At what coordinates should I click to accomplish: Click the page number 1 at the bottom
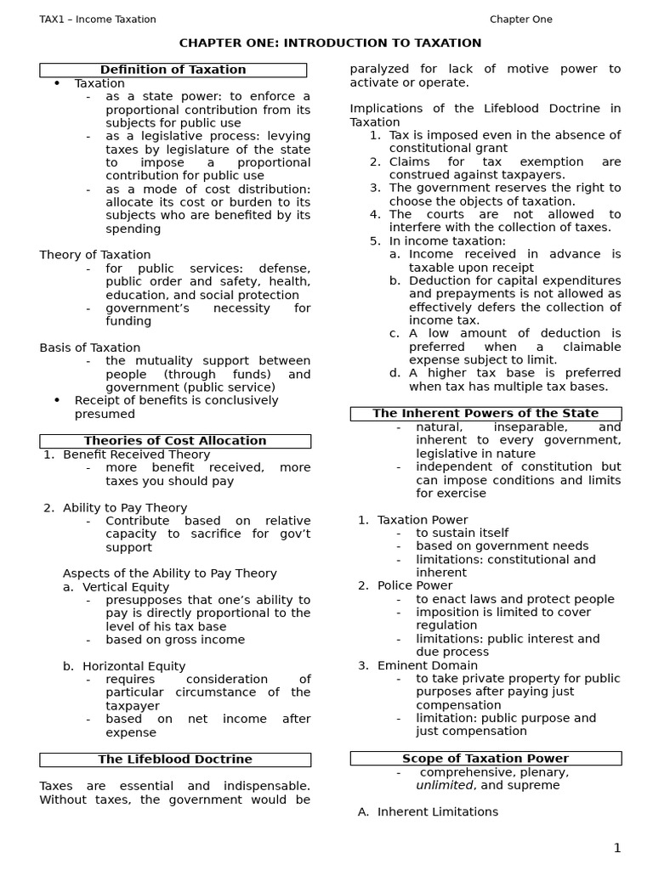click(617, 847)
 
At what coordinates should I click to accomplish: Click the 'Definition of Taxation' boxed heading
click(173, 70)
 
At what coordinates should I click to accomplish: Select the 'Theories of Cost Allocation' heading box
click(175, 441)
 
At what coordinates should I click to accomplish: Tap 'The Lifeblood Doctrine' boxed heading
click(175, 760)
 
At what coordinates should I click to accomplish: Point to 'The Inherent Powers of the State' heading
click(485, 414)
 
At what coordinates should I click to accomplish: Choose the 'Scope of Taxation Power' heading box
click(485, 759)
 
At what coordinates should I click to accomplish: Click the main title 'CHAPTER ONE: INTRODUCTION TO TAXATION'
click(330, 42)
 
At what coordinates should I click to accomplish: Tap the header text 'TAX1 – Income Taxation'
click(98, 20)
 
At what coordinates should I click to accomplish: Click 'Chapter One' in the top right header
click(520, 20)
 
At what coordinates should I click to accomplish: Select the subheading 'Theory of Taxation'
click(95, 255)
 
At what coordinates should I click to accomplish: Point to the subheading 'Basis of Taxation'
click(90, 347)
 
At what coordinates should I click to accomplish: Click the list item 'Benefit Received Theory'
click(136, 455)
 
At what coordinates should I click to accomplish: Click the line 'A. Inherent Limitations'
click(428, 812)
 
